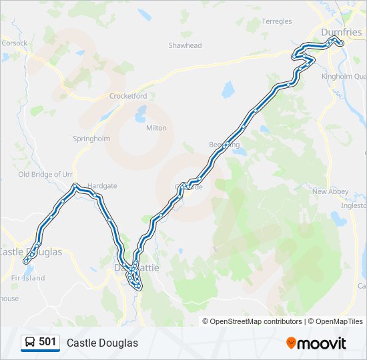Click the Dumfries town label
pos(340,32)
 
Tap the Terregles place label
pos(277,21)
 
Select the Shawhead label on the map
pos(185,45)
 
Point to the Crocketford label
pos(128,96)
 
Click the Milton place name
pos(156,127)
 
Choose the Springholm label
pos(91,139)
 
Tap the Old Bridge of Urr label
pos(45,174)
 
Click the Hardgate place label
pos(101,186)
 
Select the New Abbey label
pos(330,191)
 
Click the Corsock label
pos(15,43)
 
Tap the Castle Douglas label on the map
pos(31,252)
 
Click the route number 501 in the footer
pos(48,342)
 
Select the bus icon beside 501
pos(30,343)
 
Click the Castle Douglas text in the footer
pos(102,343)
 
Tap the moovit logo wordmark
pos(322,343)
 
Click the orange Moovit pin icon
pos(291,343)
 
